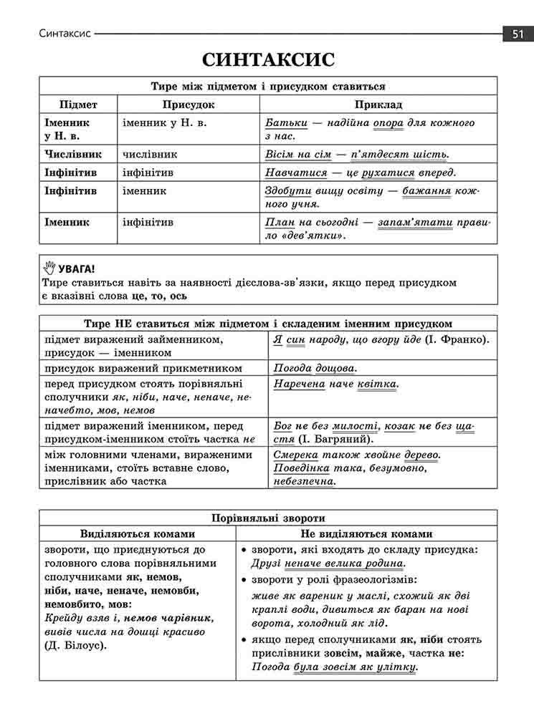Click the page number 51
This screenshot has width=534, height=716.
[517, 34]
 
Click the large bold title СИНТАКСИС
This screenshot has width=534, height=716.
[268, 59]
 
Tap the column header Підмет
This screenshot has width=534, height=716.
[78, 105]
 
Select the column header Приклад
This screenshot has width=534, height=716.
[378, 105]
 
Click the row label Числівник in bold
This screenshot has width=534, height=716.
[73, 154]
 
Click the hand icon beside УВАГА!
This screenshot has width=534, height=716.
[49, 268]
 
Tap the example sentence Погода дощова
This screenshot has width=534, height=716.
[315, 369]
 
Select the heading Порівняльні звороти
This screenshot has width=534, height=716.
[268, 518]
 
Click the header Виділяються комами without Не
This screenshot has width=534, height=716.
[138, 534]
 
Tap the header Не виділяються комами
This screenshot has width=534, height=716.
[366, 534]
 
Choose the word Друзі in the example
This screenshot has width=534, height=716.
[267, 563]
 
